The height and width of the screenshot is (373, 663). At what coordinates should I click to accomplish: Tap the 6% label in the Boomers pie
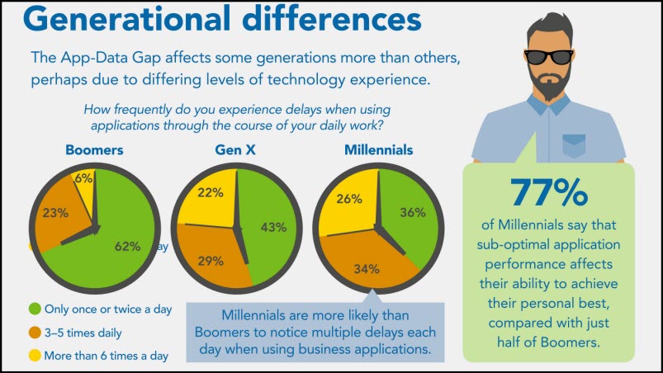pyautogui.click(x=83, y=178)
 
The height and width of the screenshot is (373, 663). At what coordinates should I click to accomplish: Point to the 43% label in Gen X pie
pyautogui.click(x=272, y=227)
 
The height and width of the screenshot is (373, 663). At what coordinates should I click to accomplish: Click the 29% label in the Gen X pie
pyautogui.click(x=211, y=261)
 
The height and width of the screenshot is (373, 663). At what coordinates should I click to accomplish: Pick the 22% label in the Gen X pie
pyautogui.click(x=209, y=192)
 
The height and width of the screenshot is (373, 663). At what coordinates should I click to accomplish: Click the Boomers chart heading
pyautogui.click(x=95, y=150)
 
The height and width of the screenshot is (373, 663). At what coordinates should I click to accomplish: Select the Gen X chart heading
pyautogui.click(x=235, y=150)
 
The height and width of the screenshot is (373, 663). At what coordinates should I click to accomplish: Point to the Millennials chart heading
pyautogui.click(x=379, y=150)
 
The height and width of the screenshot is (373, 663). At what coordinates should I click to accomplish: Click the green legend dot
pyautogui.click(x=35, y=309)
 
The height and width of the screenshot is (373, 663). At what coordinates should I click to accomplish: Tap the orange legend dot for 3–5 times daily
pyautogui.click(x=35, y=333)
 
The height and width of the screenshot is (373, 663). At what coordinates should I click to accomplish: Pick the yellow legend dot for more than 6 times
pyautogui.click(x=35, y=356)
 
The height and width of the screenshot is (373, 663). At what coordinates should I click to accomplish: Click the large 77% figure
pyautogui.click(x=548, y=192)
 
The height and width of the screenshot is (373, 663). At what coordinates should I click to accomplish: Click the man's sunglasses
pyautogui.click(x=550, y=56)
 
